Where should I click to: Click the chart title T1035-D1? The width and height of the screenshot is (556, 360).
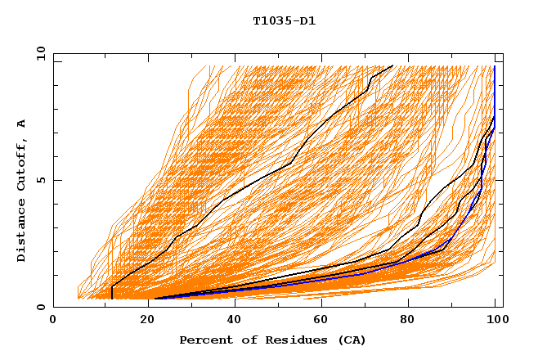point(284,21)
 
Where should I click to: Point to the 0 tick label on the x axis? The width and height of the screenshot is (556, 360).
point(53,321)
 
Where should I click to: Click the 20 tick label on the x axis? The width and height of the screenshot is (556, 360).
point(142,321)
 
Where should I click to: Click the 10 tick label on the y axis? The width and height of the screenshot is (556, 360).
point(40,52)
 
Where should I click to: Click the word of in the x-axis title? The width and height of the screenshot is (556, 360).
point(243,340)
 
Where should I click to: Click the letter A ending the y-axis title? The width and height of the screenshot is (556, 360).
point(22,124)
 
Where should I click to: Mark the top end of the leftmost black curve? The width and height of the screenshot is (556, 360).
point(393,65)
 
